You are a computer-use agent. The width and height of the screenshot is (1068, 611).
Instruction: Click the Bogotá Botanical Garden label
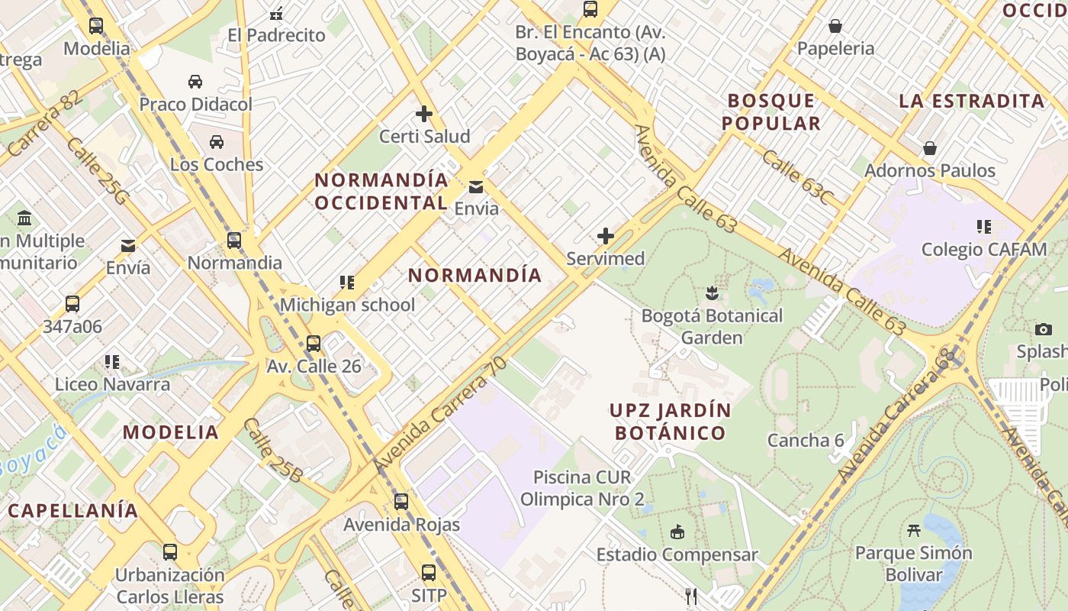click(x=712, y=327)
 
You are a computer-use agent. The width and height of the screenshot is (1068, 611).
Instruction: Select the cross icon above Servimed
click(x=606, y=236)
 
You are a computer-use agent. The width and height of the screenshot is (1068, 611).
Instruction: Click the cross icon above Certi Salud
click(x=424, y=115)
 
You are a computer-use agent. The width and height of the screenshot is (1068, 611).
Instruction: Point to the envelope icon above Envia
click(x=476, y=187)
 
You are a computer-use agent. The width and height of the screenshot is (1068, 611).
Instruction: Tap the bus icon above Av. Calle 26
click(x=314, y=344)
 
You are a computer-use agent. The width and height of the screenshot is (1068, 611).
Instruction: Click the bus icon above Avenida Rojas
click(x=401, y=502)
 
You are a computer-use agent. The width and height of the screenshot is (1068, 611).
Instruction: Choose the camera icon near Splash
click(x=1044, y=330)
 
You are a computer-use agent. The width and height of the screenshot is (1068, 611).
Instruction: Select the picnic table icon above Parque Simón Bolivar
click(x=913, y=530)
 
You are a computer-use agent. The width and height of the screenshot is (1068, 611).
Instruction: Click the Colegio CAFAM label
click(x=984, y=250)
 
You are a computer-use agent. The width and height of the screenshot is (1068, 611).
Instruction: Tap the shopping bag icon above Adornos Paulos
click(x=930, y=148)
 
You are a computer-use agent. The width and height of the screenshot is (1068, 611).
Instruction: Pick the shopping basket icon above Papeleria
click(x=835, y=27)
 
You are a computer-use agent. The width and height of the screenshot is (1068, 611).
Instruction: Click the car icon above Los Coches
click(x=217, y=142)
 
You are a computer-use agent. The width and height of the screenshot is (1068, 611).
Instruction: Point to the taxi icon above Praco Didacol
click(x=195, y=82)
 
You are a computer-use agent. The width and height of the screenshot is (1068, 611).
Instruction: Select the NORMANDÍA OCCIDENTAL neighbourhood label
click(x=381, y=192)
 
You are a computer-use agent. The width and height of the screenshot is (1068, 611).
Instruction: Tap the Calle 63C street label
click(x=797, y=177)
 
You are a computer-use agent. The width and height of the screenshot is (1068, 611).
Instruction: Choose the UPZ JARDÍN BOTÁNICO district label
click(x=670, y=422)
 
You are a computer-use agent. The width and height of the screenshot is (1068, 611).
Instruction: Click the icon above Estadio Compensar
click(x=677, y=532)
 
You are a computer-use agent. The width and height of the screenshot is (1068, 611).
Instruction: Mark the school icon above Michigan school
click(x=347, y=283)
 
